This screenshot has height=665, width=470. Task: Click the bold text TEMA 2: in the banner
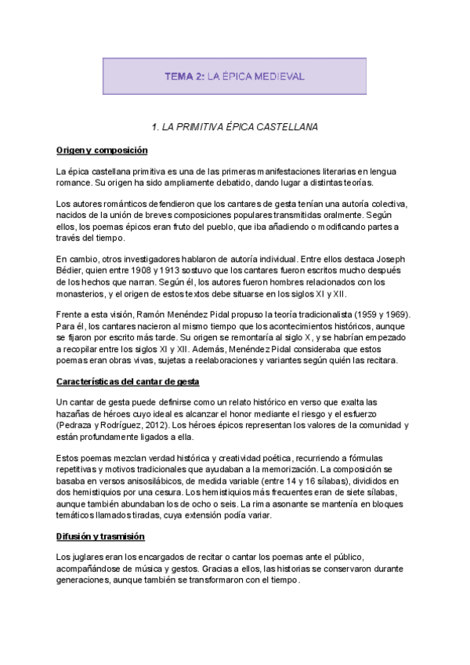pyautogui.click(x=184, y=76)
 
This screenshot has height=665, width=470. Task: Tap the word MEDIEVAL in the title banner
pyautogui.click(x=279, y=76)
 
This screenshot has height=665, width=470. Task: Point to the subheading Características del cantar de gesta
pyautogui.click(x=128, y=381)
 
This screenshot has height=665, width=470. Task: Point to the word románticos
pyautogui.click(x=110, y=204)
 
